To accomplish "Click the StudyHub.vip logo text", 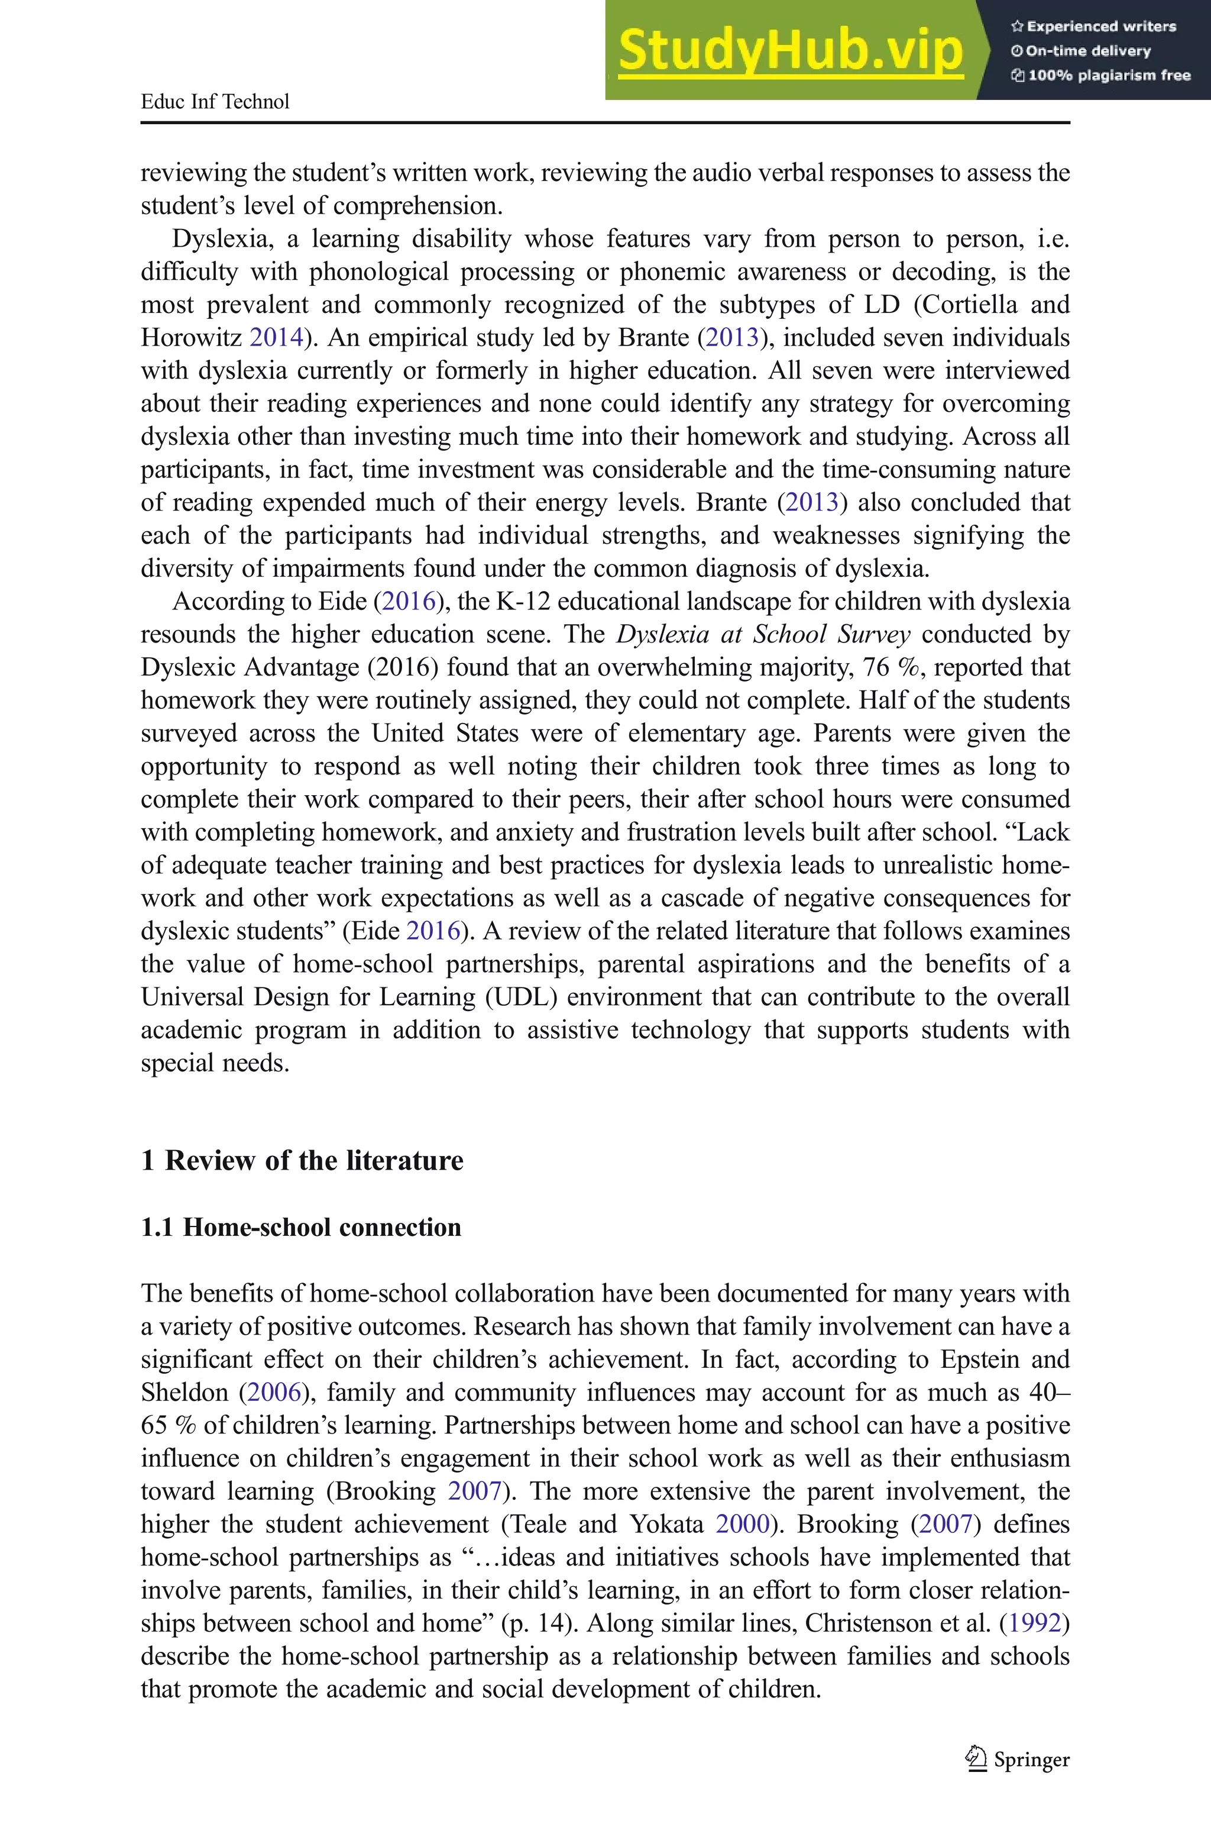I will (x=790, y=51).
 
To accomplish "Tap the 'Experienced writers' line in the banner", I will (x=1093, y=26).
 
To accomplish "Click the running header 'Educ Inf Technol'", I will (x=215, y=102).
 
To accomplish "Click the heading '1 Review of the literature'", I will (x=302, y=1161).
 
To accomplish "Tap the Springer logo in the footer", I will (x=1018, y=1759).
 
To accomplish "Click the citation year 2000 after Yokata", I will (x=742, y=1524).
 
